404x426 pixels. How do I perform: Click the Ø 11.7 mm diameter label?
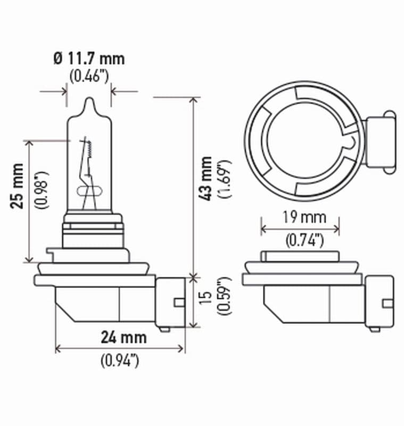point(89,58)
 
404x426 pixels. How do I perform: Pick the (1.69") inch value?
point(224,178)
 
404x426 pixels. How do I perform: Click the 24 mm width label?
point(123,337)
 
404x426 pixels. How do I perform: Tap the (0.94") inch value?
point(120,361)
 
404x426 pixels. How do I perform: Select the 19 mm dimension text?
point(300,217)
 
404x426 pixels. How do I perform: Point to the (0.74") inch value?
point(301,240)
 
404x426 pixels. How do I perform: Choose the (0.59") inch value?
point(224,302)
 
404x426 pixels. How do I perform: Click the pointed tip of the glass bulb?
point(89,101)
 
